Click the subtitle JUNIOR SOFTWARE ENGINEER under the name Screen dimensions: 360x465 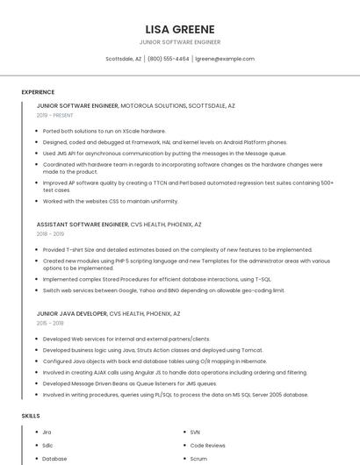click(179, 42)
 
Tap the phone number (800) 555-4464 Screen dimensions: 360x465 click(168, 59)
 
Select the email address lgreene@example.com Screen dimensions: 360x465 click(225, 59)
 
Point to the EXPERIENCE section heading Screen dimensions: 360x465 click(38, 92)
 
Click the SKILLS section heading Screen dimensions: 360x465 click(31, 415)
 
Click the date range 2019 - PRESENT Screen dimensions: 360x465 click(54, 115)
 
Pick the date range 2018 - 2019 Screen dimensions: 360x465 click(50, 234)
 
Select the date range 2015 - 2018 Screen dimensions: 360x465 click(50, 323)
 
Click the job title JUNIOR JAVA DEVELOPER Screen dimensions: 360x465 click(71, 313)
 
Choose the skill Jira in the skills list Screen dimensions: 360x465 click(47, 433)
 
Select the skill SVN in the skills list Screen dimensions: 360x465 click(195, 433)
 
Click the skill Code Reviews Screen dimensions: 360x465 click(207, 446)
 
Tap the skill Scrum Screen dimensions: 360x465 click(198, 459)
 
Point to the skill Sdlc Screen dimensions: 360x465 click(47, 446)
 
